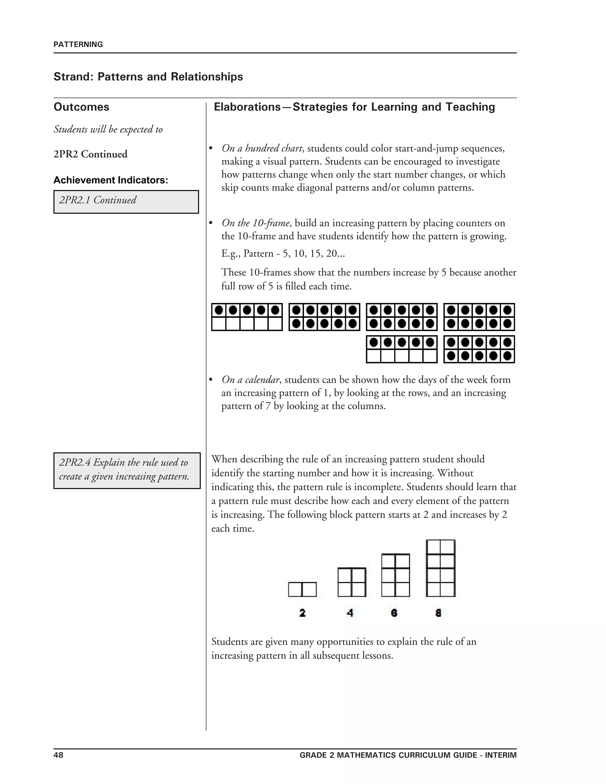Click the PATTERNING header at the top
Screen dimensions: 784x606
(x=78, y=44)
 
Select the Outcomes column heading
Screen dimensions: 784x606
(x=81, y=107)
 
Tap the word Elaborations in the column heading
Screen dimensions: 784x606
(x=247, y=107)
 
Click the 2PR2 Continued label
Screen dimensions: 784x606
(x=91, y=154)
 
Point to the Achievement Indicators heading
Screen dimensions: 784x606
(x=111, y=180)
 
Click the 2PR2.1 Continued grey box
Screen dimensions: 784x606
(x=126, y=202)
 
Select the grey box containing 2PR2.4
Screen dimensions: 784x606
(x=127, y=470)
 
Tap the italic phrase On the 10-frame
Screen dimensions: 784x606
(x=255, y=223)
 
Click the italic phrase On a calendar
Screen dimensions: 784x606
(x=250, y=380)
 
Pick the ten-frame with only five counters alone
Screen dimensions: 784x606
(x=247, y=317)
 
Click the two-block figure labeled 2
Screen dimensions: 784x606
(x=302, y=589)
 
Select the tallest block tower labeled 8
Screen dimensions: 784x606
(x=441, y=568)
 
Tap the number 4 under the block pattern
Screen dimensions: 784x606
(x=350, y=613)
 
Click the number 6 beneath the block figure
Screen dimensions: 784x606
(x=394, y=613)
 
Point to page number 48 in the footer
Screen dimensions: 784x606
(x=59, y=755)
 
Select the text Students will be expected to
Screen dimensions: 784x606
(x=108, y=129)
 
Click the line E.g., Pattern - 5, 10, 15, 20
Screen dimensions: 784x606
(x=283, y=254)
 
